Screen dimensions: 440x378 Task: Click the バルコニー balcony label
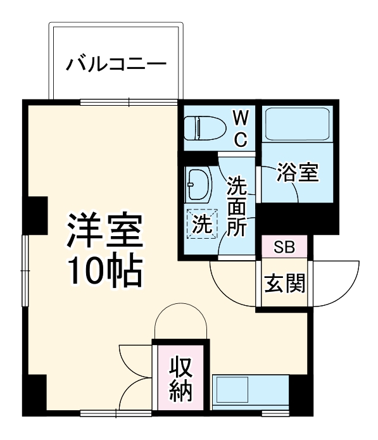[116, 64]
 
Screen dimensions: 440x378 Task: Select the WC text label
[241, 129]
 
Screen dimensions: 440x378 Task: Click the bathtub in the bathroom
[297, 124]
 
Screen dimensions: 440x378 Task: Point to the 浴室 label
[297, 173]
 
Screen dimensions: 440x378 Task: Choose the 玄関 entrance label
[284, 284]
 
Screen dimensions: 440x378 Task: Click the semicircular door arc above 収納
[180, 320]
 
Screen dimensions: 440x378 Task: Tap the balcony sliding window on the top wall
[129, 101]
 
